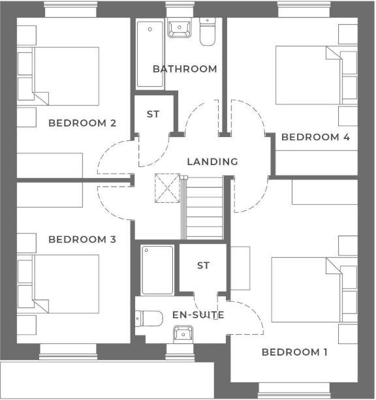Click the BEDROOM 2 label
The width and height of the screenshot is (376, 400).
point(82,123)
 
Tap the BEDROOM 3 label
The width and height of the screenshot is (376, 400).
point(82,239)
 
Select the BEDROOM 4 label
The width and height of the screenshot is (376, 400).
point(315,137)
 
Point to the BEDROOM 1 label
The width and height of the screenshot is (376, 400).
point(294,352)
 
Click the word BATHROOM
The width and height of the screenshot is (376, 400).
point(185,69)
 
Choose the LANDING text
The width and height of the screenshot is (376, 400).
point(212,162)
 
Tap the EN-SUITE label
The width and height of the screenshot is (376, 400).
point(198,315)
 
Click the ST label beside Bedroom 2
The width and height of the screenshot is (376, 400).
point(153,114)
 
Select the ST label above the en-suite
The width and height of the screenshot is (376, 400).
point(203,266)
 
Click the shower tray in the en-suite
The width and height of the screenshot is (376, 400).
point(157,269)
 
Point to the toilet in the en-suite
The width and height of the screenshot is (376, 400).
point(149,318)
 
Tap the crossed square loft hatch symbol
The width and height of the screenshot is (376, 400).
point(167,189)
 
